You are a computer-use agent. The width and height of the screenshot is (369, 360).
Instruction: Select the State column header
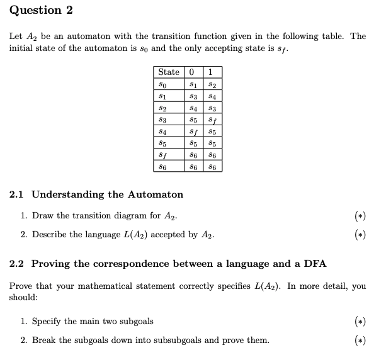[x=169, y=72]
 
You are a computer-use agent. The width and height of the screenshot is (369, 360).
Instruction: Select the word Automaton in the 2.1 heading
[x=156, y=194]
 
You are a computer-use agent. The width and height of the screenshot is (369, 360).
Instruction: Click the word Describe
[x=50, y=235]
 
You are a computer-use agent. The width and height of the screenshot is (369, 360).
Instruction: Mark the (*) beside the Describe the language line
[x=358, y=235]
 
